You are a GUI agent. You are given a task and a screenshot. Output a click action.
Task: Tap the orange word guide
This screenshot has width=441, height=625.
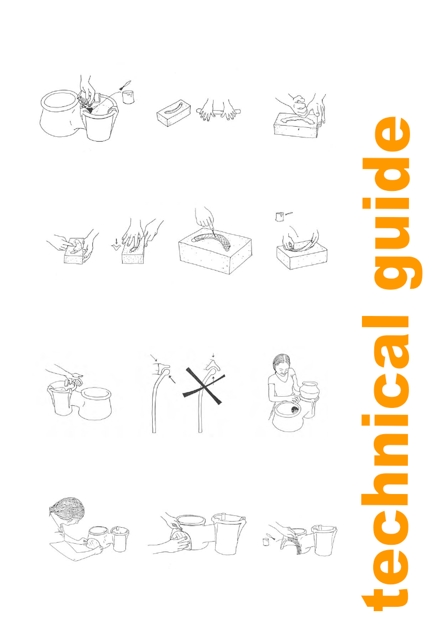[x=392, y=203]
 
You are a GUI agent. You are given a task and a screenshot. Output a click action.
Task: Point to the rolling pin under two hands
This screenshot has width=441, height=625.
[x=218, y=111]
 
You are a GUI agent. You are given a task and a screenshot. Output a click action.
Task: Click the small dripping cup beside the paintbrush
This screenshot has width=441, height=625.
[x=128, y=97]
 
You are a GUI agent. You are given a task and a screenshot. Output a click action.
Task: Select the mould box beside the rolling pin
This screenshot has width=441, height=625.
[x=171, y=113]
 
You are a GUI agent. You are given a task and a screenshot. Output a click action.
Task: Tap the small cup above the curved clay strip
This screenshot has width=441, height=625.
[x=279, y=217]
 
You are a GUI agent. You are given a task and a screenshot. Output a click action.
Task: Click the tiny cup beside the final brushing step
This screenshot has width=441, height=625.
[x=266, y=542]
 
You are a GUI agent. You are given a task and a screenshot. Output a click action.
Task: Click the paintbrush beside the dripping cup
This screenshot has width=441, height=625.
[x=126, y=84]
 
